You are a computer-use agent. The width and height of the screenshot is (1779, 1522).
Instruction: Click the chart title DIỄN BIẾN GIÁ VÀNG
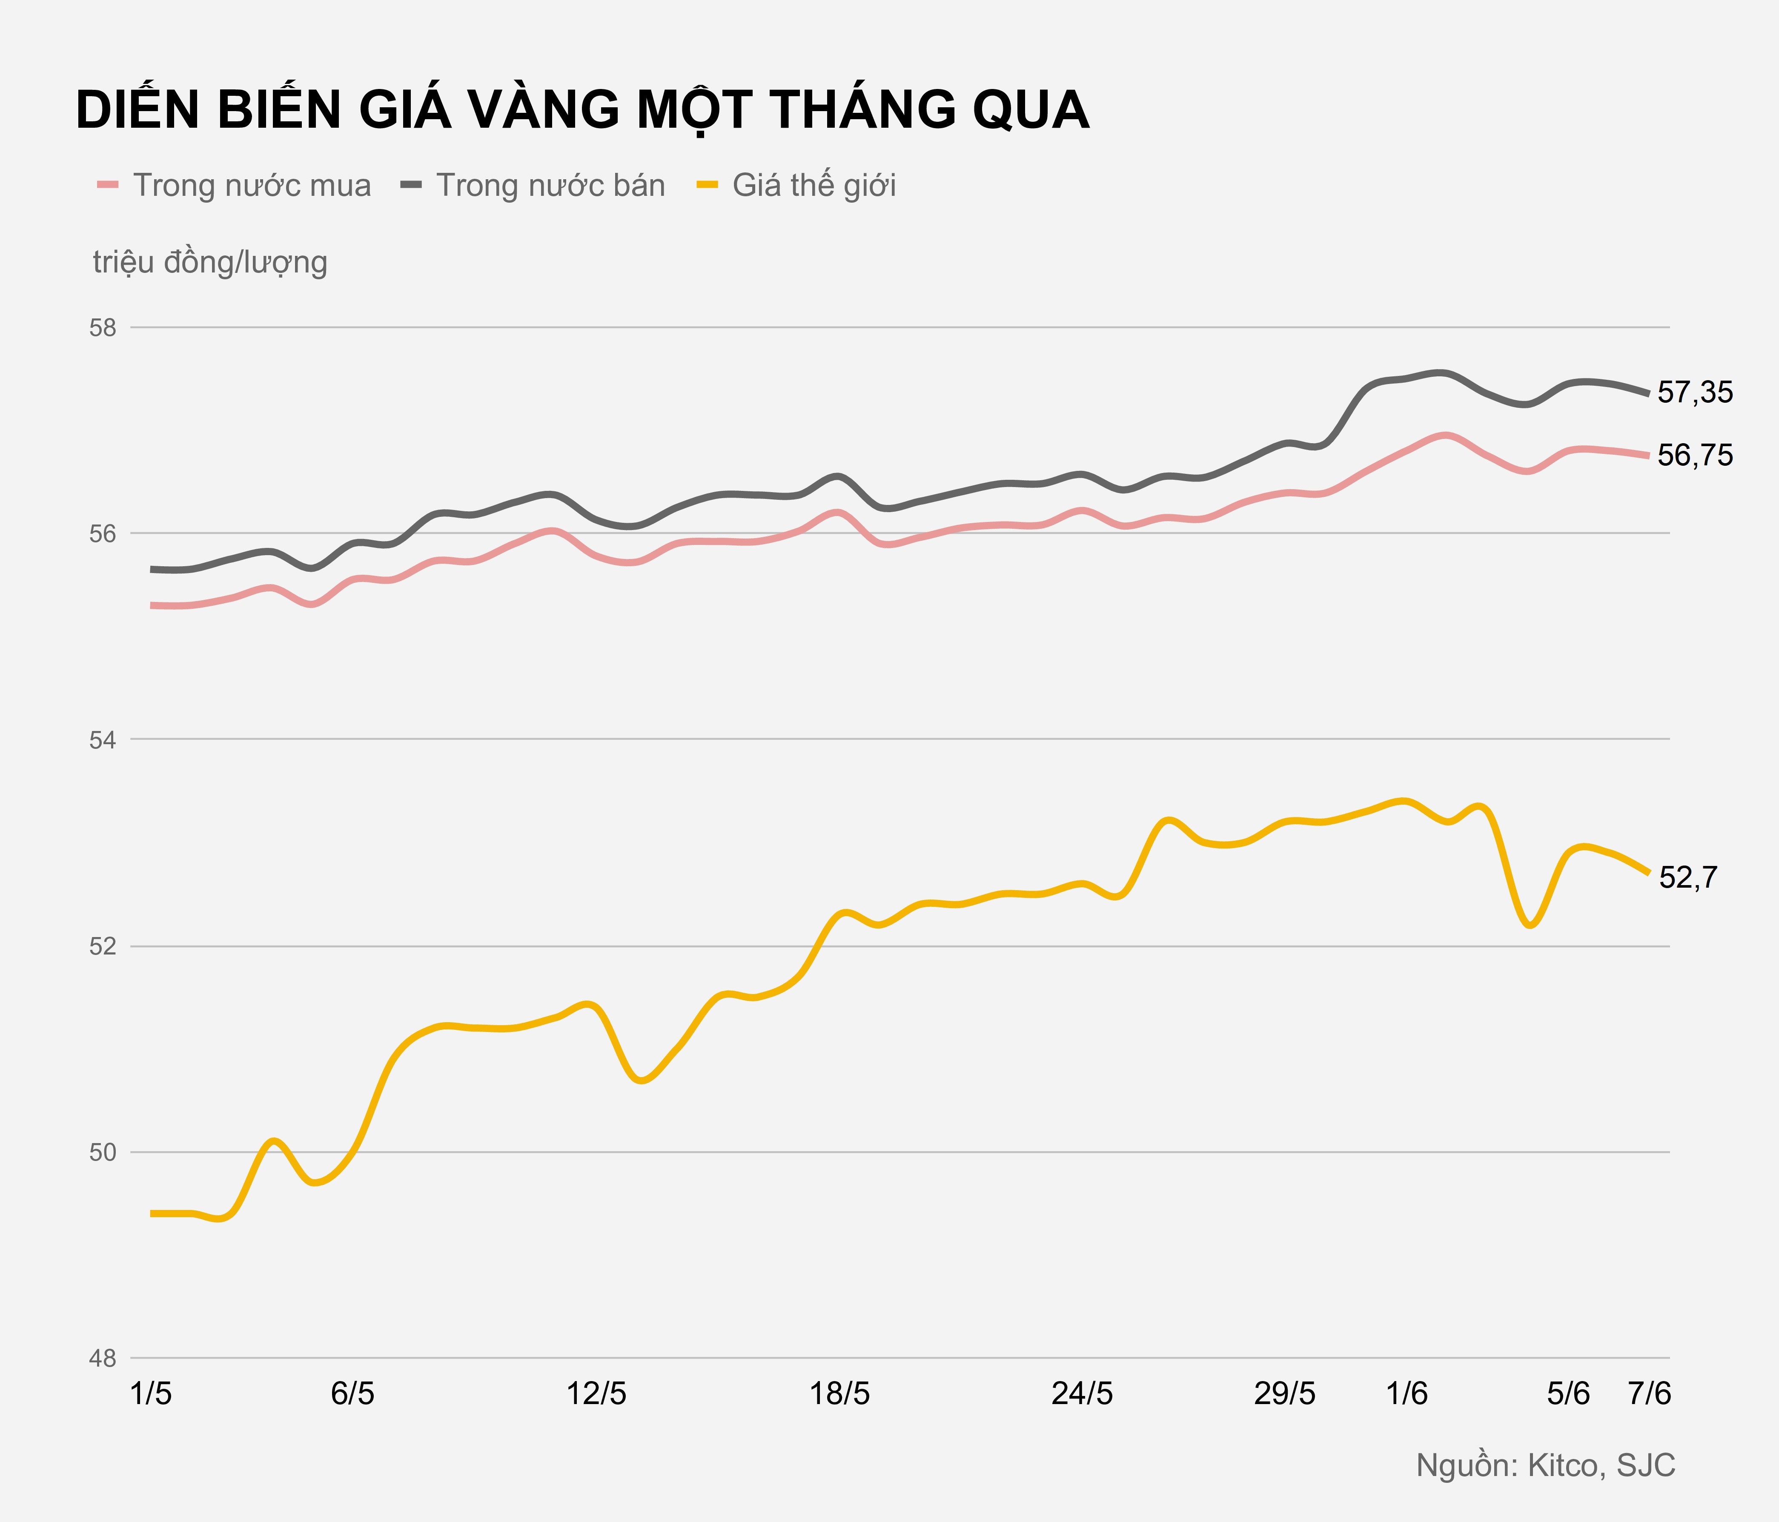tap(582, 110)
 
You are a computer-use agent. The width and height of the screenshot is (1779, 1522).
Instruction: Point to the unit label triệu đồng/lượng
tap(210, 262)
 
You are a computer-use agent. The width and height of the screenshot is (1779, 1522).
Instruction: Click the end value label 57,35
tap(1695, 392)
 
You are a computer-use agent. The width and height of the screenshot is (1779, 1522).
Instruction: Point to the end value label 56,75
tap(1695, 455)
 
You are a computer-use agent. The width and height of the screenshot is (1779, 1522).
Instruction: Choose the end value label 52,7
tap(1688, 877)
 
